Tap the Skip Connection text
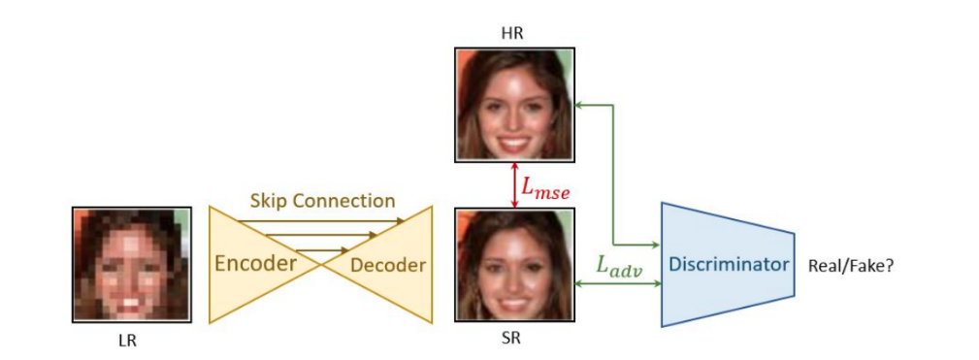[322, 201]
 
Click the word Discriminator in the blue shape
[726, 264]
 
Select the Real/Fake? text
[851, 264]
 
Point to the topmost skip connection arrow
[320, 220]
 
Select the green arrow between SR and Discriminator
[618, 283]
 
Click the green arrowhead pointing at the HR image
[582, 104]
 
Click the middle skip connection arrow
[321, 235]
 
